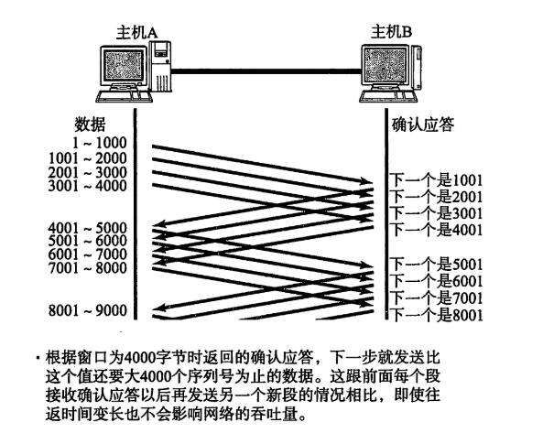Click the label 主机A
[136, 33]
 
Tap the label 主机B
[391, 32]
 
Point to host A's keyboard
[124, 96]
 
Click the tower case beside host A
[160, 67]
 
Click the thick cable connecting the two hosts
[266, 71]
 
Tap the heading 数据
[90, 124]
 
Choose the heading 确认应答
[422, 124]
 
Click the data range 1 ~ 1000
[100, 143]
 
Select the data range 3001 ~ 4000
[88, 186]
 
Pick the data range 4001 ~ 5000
[88, 228]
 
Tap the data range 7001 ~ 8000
[88, 268]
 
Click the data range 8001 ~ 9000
[88, 310]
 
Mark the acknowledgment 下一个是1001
[437, 180]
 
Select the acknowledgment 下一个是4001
[437, 230]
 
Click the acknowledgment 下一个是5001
[437, 265]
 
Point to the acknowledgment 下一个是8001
[437, 315]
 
